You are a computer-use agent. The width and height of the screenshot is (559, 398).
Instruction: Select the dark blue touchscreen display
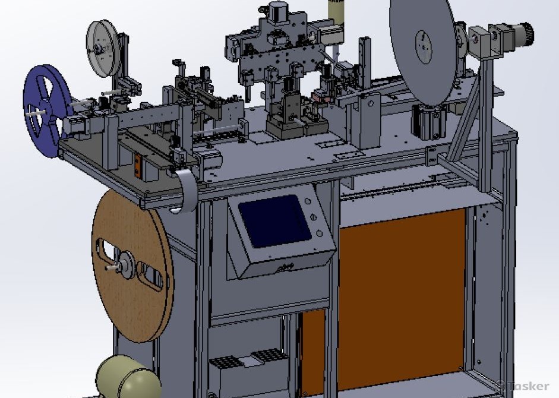(274, 221)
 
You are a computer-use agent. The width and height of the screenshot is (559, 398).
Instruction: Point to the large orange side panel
(402, 299)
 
